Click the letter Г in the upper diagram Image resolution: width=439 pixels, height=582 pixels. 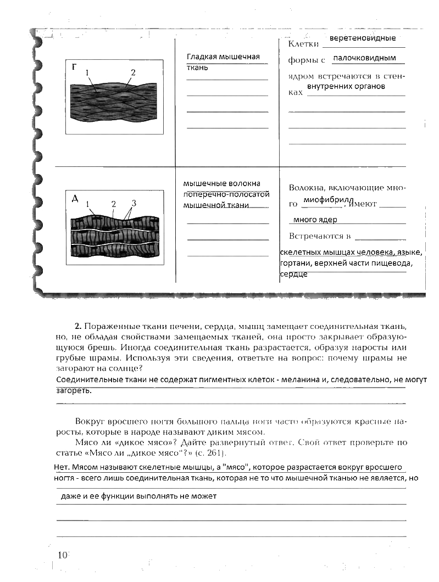click(74, 67)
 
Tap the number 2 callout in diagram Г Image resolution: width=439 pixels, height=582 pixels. click(132, 72)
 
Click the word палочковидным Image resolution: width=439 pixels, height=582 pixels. click(365, 58)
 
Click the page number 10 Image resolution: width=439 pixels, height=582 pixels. click(62, 555)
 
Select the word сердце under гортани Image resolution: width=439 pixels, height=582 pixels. click(293, 273)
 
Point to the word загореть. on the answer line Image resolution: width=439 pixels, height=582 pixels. click(74, 391)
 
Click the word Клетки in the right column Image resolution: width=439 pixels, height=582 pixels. click(304, 43)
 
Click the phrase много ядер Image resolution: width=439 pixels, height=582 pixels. click(315, 220)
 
